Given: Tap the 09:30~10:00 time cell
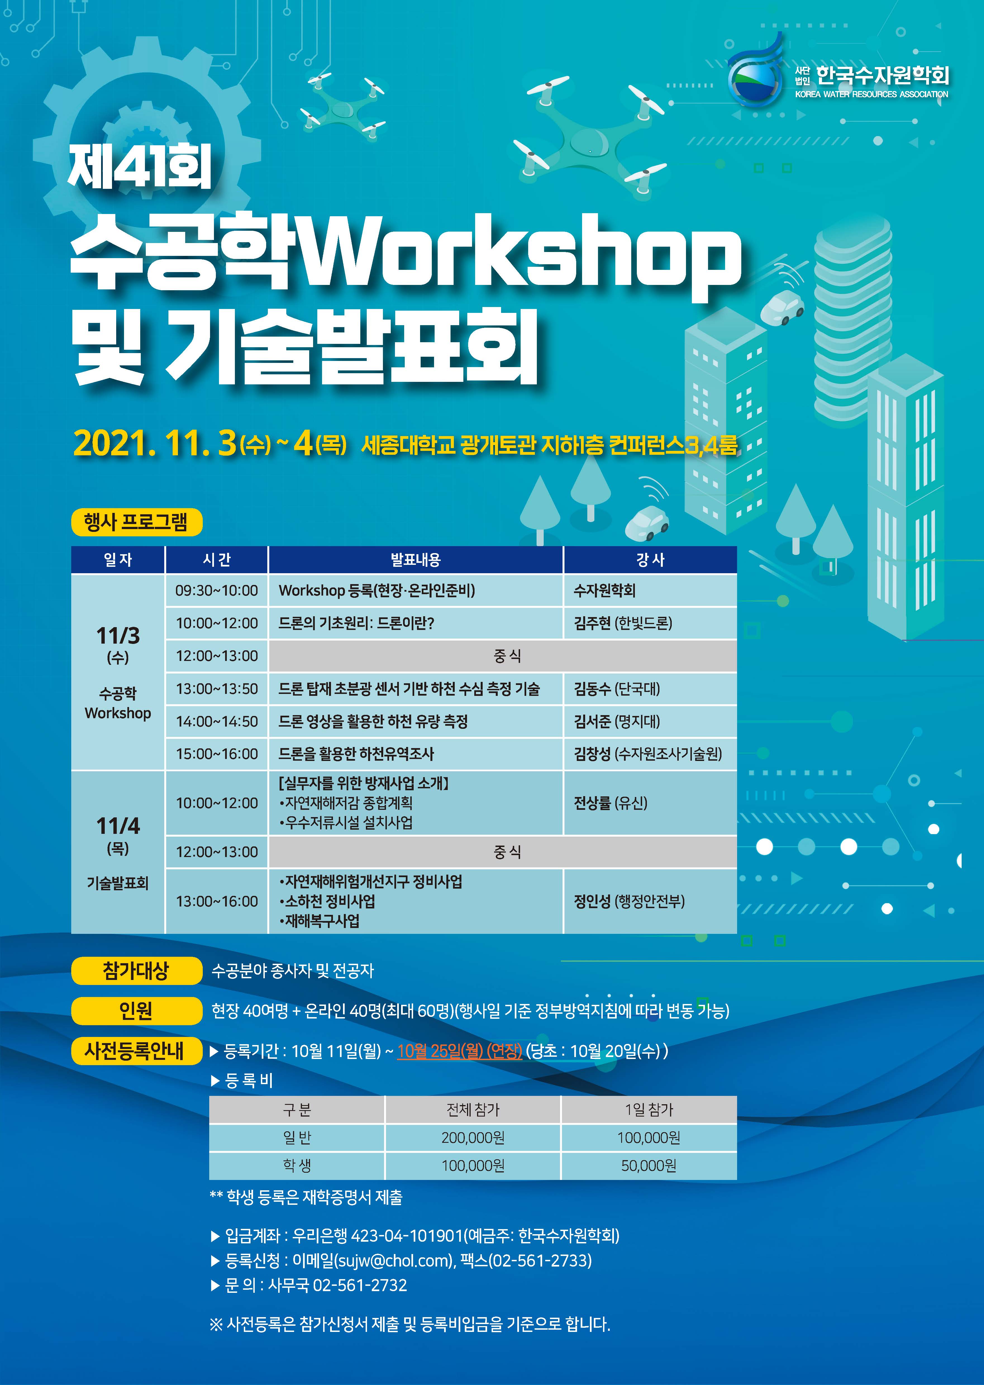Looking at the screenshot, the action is point(216,590).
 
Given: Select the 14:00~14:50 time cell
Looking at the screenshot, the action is point(216,721).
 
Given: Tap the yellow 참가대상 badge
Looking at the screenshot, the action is point(136,971).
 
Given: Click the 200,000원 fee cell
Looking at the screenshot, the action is point(473,1138).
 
